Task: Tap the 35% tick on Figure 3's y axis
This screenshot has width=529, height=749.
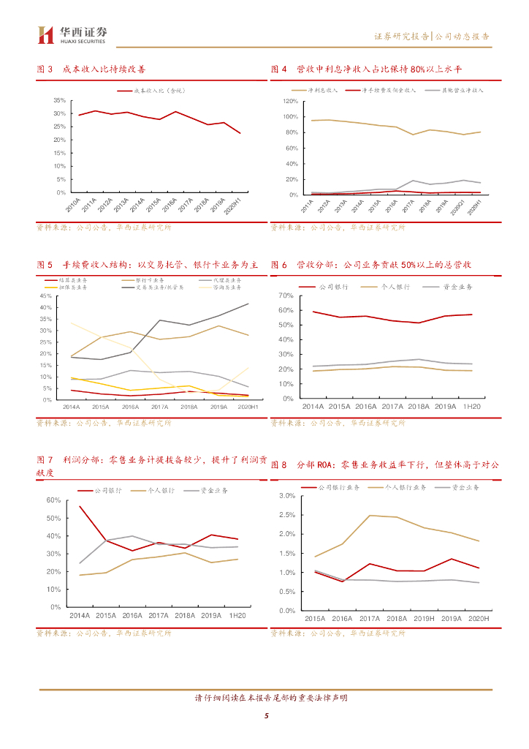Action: click(60, 100)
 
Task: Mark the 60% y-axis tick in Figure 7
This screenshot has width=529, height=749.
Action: click(53, 500)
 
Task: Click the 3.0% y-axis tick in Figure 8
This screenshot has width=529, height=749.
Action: click(286, 496)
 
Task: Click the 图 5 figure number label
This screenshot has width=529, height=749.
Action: click(45, 264)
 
